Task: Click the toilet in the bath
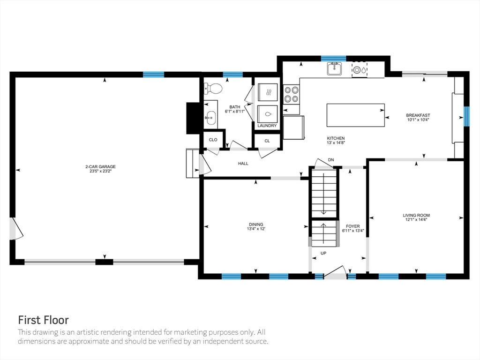tap(213, 89)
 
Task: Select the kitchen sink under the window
tap(334, 68)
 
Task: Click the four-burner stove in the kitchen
tap(291, 94)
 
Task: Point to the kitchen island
tap(355, 115)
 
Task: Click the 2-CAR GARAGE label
tap(100, 166)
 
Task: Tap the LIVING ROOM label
tap(416, 215)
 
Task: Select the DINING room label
tap(256, 225)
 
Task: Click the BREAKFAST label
tap(418, 115)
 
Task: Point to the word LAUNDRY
tap(267, 126)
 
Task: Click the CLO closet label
tap(213, 140)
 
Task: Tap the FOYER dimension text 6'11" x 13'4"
tap(353, 231)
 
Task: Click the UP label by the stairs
tap(323, 253)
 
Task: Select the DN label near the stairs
tap(331, 160)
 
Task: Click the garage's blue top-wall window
tap(154, 75)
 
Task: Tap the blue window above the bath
tap(232, 75)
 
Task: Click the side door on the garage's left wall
tap(15, 229)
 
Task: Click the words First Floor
tap(44, 320)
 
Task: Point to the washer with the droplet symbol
tap(268, 114)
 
